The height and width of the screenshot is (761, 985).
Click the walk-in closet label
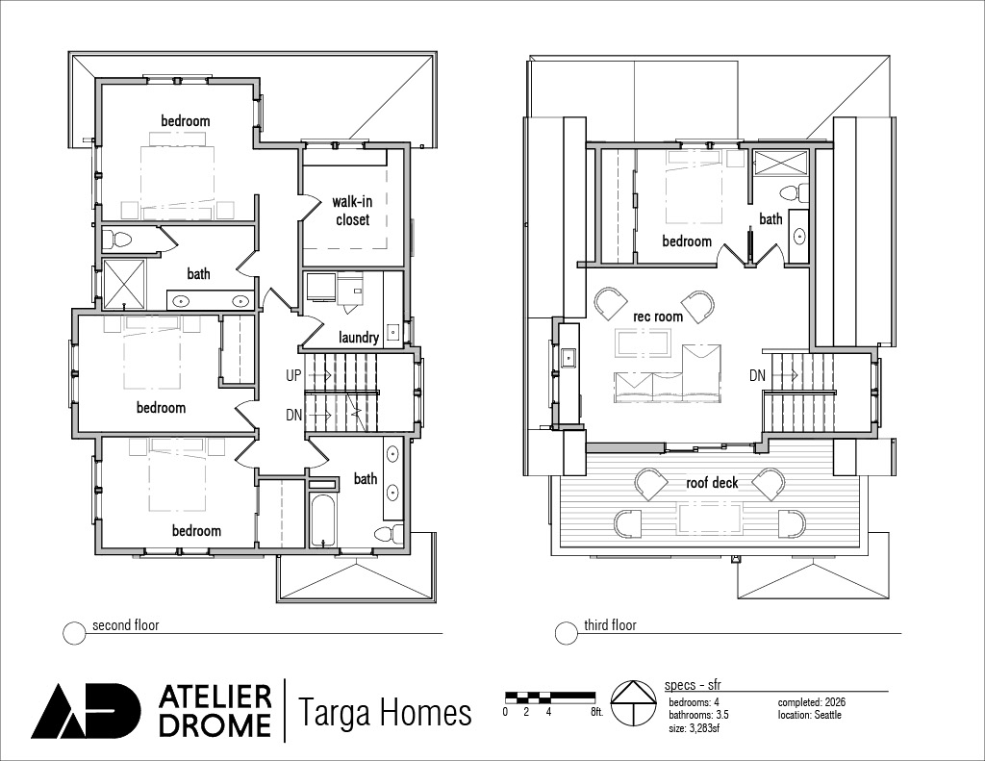click(x=352, y=211)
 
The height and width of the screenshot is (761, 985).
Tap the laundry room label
click(x=359, y=338)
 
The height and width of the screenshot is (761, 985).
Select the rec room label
click(x=658, y=317)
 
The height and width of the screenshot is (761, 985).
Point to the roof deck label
click(x=712, y=483)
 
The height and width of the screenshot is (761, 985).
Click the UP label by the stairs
click(x=293, y=375)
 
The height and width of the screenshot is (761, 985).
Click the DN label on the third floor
click(x=757, y=375)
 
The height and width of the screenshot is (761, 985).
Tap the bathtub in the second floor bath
click(x=323, y=520)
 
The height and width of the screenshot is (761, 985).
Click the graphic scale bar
click(x=550, y=696)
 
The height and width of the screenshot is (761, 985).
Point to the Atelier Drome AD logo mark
click(x=86, y=710)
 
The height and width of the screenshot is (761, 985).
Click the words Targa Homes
click(x=384, y=712)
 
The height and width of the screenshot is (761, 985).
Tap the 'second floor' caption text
click(x=126, y=625)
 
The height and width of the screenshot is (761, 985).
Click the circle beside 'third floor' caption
click(x=566, y=633)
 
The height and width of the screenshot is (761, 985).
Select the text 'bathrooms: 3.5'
click(x=698, y=715)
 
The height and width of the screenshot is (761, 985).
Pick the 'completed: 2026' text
click(x=812, y=702)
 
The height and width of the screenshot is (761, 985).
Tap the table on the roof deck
click(x=710, y=519)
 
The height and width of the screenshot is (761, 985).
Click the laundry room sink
click(x=392, y=331)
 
